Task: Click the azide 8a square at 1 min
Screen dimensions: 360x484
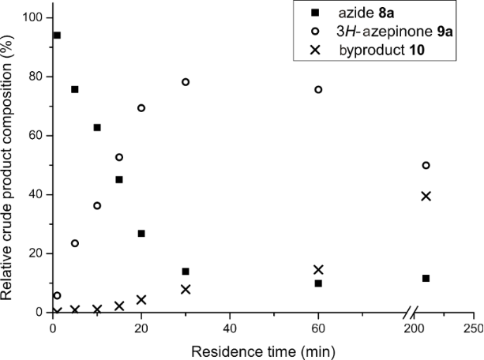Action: click(56, 36)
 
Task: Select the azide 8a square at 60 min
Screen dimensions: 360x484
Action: click(318, 283)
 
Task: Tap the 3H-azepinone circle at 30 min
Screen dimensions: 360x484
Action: click(186, 82)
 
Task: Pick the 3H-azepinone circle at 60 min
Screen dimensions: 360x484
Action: click(318, 90)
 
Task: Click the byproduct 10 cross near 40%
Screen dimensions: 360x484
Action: click(426, 196)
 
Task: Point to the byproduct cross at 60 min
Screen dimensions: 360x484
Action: click(318, 270)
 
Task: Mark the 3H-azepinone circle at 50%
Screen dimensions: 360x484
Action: click(426, 166)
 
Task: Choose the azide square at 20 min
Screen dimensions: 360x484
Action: click(141, 234)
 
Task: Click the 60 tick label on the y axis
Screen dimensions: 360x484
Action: click(36, 136)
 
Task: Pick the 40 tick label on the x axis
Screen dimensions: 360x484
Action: click(230, 328)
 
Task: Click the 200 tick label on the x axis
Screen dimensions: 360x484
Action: click(413, 328)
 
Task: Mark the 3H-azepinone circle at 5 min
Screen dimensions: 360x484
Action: click(75, 243)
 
